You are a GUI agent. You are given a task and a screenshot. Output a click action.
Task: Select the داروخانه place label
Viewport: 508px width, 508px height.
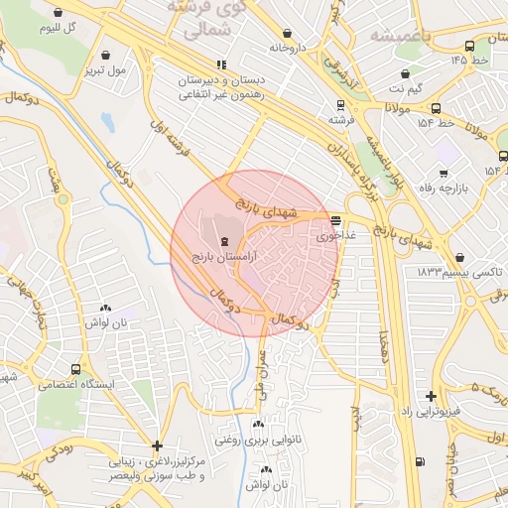point(288,47)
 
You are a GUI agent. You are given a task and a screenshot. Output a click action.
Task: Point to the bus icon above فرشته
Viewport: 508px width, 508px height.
point(341,104)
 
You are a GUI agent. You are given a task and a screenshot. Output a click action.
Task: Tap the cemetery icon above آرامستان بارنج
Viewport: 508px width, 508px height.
point(224,240)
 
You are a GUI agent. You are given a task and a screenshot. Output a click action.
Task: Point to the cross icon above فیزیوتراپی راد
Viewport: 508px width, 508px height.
point(431,395)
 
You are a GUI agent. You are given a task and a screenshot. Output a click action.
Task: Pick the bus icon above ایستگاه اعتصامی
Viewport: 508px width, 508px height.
point(78,366)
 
